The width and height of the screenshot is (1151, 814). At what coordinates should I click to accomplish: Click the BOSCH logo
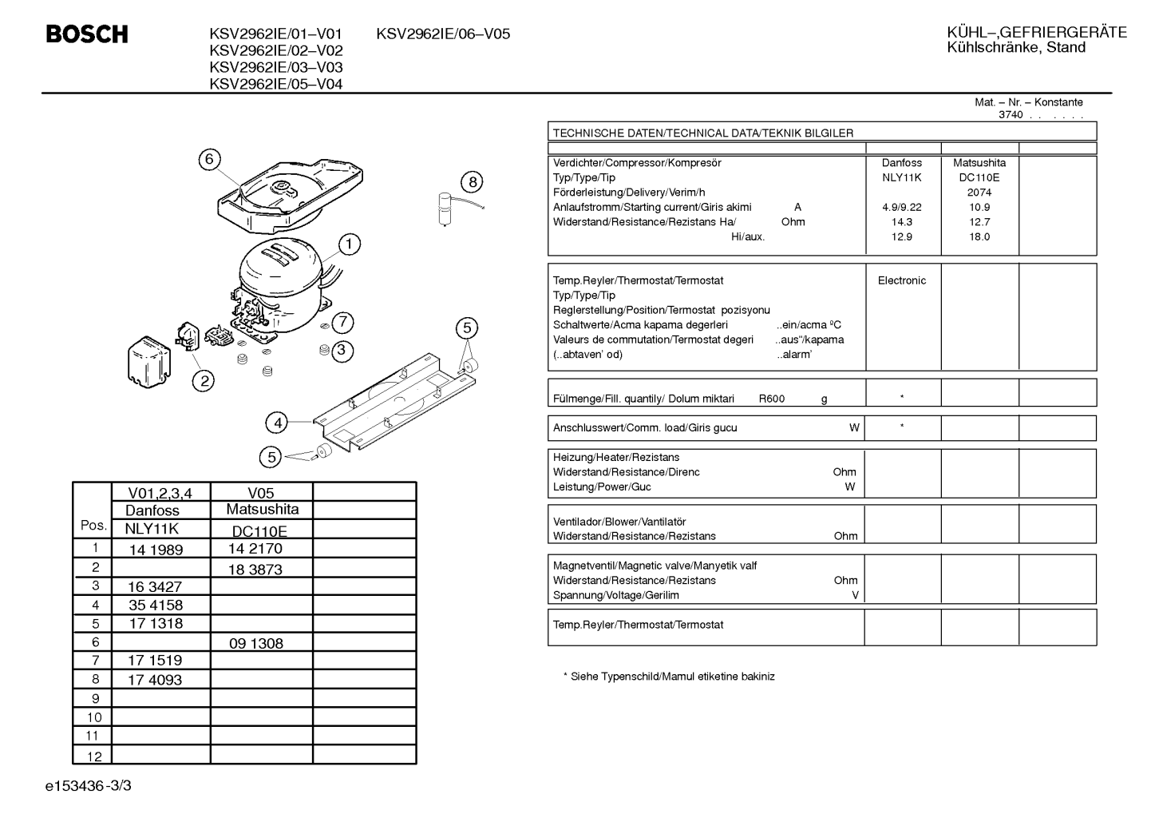coord(87,34)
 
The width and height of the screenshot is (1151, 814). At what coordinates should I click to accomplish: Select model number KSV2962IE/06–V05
coord(443,34)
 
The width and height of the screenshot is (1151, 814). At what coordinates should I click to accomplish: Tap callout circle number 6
coord(209,160)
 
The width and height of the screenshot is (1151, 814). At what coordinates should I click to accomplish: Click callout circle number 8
coord(473,181)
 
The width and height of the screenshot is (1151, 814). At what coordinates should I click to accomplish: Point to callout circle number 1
coord(350,244)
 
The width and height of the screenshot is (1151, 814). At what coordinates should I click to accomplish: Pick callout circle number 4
coord(278,423)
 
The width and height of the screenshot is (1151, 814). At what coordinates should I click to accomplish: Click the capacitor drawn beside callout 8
coord(445,209)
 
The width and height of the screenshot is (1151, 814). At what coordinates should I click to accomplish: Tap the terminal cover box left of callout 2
coord(149,362)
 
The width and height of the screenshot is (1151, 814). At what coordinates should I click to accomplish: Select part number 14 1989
coord(156,550)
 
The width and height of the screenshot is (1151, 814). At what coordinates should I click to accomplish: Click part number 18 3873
coord(255,570)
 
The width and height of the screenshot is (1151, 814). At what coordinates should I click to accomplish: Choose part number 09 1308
coord(256,643)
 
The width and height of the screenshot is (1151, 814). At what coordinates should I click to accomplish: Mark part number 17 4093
coord(155,680)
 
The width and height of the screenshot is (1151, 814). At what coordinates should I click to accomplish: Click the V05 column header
coord(260,493)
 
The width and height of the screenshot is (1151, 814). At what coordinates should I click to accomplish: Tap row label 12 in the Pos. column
coord(94,756)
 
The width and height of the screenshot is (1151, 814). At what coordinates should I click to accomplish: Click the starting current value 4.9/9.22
coord(902,207)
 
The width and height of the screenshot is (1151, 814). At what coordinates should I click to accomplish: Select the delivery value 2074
coord(979,193)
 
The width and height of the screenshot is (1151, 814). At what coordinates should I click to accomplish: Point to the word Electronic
coord(902,280)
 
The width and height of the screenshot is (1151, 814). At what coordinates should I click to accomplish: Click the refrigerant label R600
coord(771,399)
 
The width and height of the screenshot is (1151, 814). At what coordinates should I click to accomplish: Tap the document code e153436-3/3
coord(89,786)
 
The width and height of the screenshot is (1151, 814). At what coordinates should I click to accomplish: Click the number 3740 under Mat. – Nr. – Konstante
coord(1011,115)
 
